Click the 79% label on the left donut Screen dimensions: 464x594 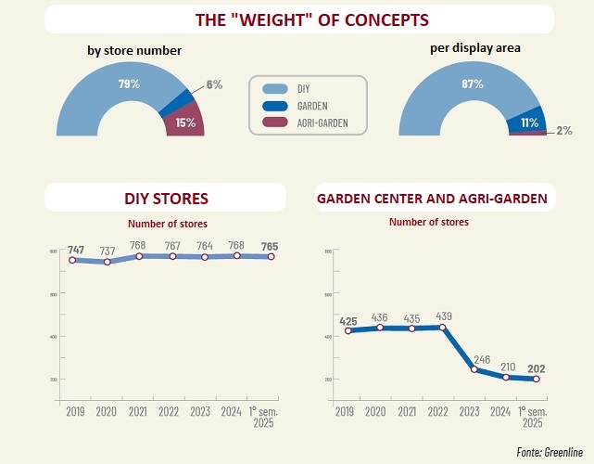pos(129,84)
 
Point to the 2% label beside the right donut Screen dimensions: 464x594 pos(563,132)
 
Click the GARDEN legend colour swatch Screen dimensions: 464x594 pos(274,105)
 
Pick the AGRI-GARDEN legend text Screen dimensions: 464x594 pos(322,122)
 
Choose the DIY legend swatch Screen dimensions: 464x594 pos(274,88)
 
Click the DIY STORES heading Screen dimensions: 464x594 pos(166,198)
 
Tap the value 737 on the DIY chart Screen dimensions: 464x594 pos(108,251)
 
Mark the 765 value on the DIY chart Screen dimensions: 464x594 pos(270,246)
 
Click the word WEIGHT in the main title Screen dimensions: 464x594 pos(277,19)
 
